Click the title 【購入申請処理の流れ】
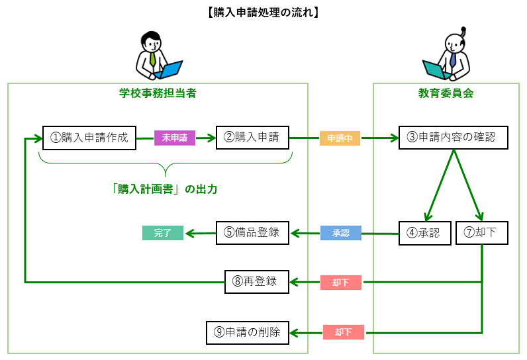(263, 11)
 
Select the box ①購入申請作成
(90, 138)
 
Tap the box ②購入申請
(252, 138)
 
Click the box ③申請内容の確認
(453, 138)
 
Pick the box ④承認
(424, 233)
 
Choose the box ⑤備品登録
(252, 233)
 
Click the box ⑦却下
(482, 233)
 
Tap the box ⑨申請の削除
(248, 332)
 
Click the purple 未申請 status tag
(175, 138)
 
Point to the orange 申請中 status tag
(340, 139)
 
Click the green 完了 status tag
(163, 233)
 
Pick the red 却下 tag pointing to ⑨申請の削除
(343, 332)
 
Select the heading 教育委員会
(450, 94)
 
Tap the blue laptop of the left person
(170, 69)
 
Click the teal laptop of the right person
(435, 69)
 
